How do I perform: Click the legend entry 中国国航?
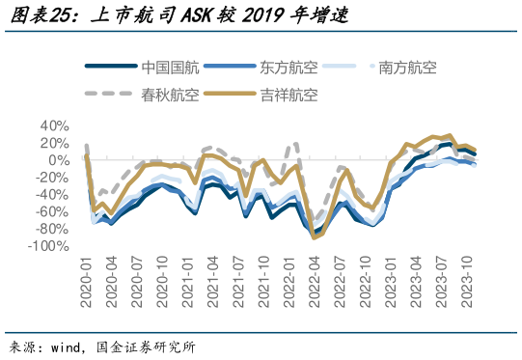pyautogui.click(x=171, y=68)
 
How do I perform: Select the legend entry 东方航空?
pyautogui.click(x=288, y=68)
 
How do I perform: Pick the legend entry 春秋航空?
pyautogui.click(x=171, y=94)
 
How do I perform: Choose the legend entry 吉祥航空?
pyautogui.click(x=288, y=94)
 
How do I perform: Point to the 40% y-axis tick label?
pyautogui.click(x=54, y=126)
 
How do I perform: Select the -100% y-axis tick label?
pyautogui.click(x=49, y=246)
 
